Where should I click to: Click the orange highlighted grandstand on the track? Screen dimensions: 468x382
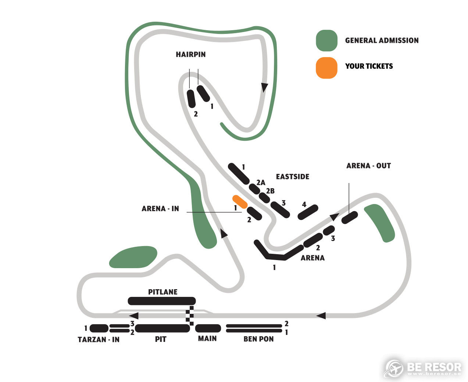(240, 201)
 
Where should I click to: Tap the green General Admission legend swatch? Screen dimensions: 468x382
(326, 41)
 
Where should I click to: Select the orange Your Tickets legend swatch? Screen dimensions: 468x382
(326, 68)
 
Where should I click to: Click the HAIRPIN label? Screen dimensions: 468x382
(190, 55)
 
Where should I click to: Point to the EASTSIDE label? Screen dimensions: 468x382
(292, 176)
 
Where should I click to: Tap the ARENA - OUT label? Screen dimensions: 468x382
(368, 165)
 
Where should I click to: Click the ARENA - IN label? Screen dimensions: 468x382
(160, 208)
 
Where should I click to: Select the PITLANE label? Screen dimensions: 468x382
(162, 292)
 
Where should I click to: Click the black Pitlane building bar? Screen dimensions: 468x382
(162, 301)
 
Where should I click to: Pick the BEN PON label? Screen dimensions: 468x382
(258, 339)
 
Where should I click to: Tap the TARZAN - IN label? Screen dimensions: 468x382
(99, 340)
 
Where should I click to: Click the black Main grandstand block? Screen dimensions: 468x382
(208, 328)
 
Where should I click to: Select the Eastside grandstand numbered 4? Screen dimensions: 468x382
(308, 212)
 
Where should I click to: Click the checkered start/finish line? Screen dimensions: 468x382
(190, 315)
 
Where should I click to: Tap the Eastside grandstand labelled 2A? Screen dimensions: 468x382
(255, 189)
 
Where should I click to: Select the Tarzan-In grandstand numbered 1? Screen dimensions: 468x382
(99, 328)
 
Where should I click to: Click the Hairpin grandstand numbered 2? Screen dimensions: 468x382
(191, 99)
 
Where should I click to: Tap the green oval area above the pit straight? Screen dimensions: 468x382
(133, 257)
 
